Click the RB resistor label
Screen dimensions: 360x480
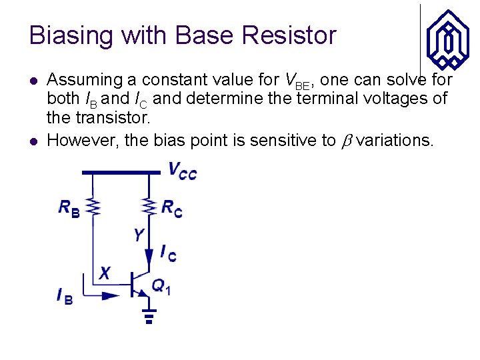click(69, 209)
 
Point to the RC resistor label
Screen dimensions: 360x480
click(171, 209)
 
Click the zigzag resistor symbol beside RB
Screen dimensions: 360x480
click(95, 207)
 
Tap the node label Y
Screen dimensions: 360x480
click(138, 235)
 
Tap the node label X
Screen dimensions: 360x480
click(105, 273)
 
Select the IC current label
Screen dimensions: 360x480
click(168, 253)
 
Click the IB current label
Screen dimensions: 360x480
click(65, 295)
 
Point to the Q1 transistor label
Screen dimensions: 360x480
click(161, 287)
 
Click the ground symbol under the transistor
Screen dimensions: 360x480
click(149, 315)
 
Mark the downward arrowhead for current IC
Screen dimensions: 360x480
click(148, 255)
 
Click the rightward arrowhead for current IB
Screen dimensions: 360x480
click(110, 295)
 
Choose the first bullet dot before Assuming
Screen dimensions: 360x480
click(33, 81)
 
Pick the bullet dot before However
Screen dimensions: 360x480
click(33, 141)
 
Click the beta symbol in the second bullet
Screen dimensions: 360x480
click(345, 141)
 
